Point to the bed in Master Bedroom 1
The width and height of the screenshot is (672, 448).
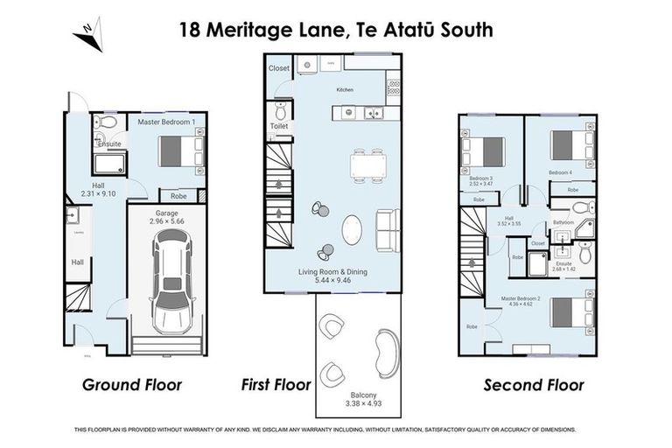182,150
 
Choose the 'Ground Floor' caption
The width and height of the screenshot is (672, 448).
132,384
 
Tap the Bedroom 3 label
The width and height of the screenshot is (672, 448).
480,178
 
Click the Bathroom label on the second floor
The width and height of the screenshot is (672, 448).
563,222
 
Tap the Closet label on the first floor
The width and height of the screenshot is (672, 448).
279,67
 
